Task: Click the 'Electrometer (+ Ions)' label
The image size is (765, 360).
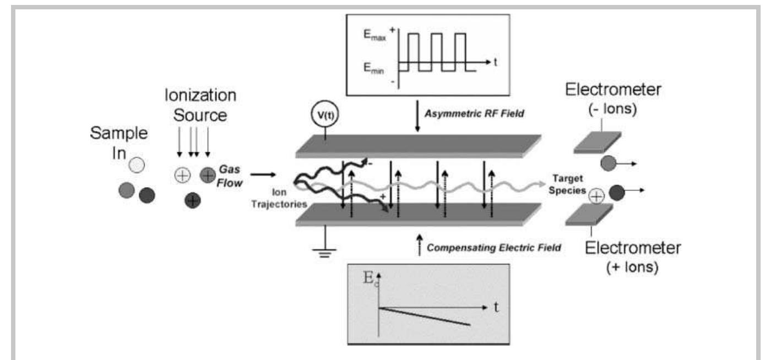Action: pos(632,258)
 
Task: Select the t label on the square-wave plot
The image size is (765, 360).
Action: pos(496,62)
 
